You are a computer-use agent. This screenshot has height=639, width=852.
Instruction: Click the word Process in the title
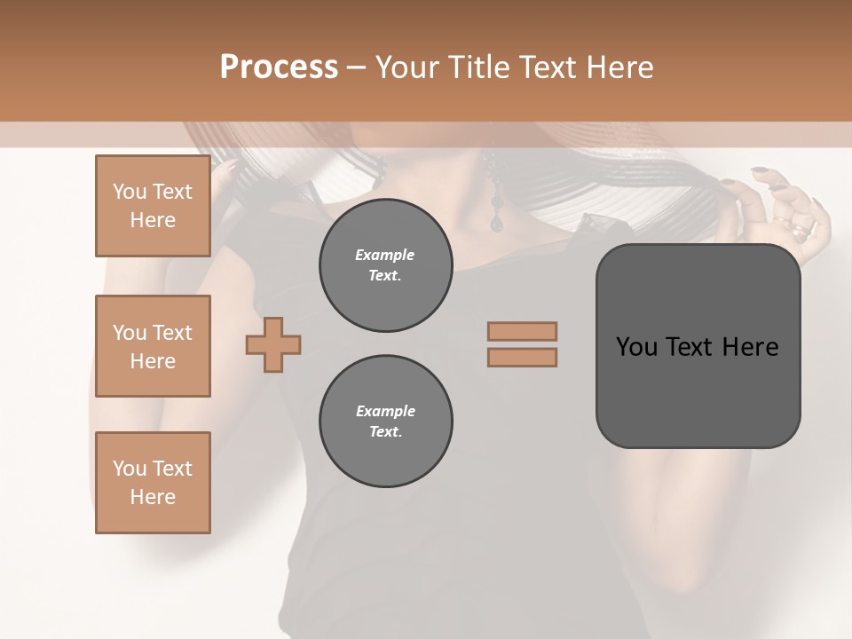279,67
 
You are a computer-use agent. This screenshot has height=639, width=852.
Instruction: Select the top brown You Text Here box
153,206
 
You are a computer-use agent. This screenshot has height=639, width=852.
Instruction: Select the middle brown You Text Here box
153,346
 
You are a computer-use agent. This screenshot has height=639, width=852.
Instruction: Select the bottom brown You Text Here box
153,482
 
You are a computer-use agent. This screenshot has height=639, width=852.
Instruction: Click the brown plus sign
273,345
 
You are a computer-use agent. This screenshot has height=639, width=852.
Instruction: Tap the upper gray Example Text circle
385,265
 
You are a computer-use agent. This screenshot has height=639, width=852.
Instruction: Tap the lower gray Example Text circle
385,422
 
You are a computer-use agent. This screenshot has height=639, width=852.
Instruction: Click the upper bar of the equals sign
522,331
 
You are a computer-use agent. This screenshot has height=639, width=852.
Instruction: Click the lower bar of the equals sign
522,357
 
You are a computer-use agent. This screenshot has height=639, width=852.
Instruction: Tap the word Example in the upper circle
385,255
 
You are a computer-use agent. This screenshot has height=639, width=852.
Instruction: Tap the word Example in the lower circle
385,411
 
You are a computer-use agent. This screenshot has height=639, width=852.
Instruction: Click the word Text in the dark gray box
690,347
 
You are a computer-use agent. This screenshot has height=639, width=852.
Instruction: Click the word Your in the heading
406,67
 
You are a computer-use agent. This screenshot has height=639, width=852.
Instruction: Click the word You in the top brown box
129,192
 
